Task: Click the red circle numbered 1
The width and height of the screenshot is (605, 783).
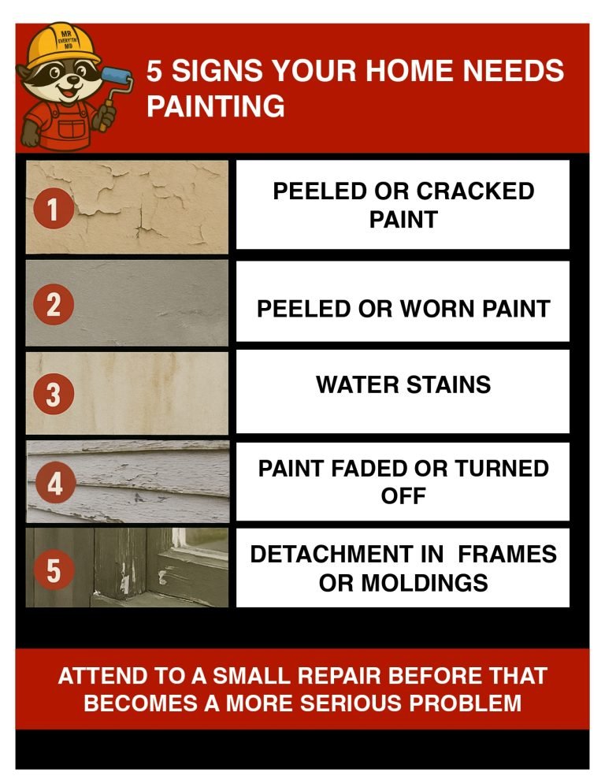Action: pos(53,210)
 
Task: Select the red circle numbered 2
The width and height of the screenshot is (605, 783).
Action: pos(53,304)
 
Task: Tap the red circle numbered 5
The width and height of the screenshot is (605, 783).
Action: pos(53,570)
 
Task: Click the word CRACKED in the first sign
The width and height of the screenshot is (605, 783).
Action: pos(475,191)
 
